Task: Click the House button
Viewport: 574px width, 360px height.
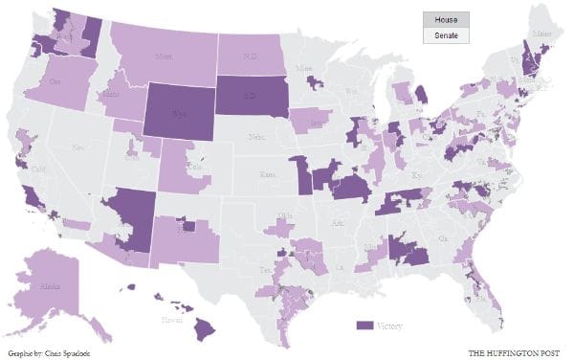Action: tap(445, 19)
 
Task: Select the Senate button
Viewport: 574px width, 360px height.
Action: tap(445, 35)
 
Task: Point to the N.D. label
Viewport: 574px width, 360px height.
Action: tap(252, 55)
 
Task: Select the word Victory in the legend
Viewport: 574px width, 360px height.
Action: tap(389, 326)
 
